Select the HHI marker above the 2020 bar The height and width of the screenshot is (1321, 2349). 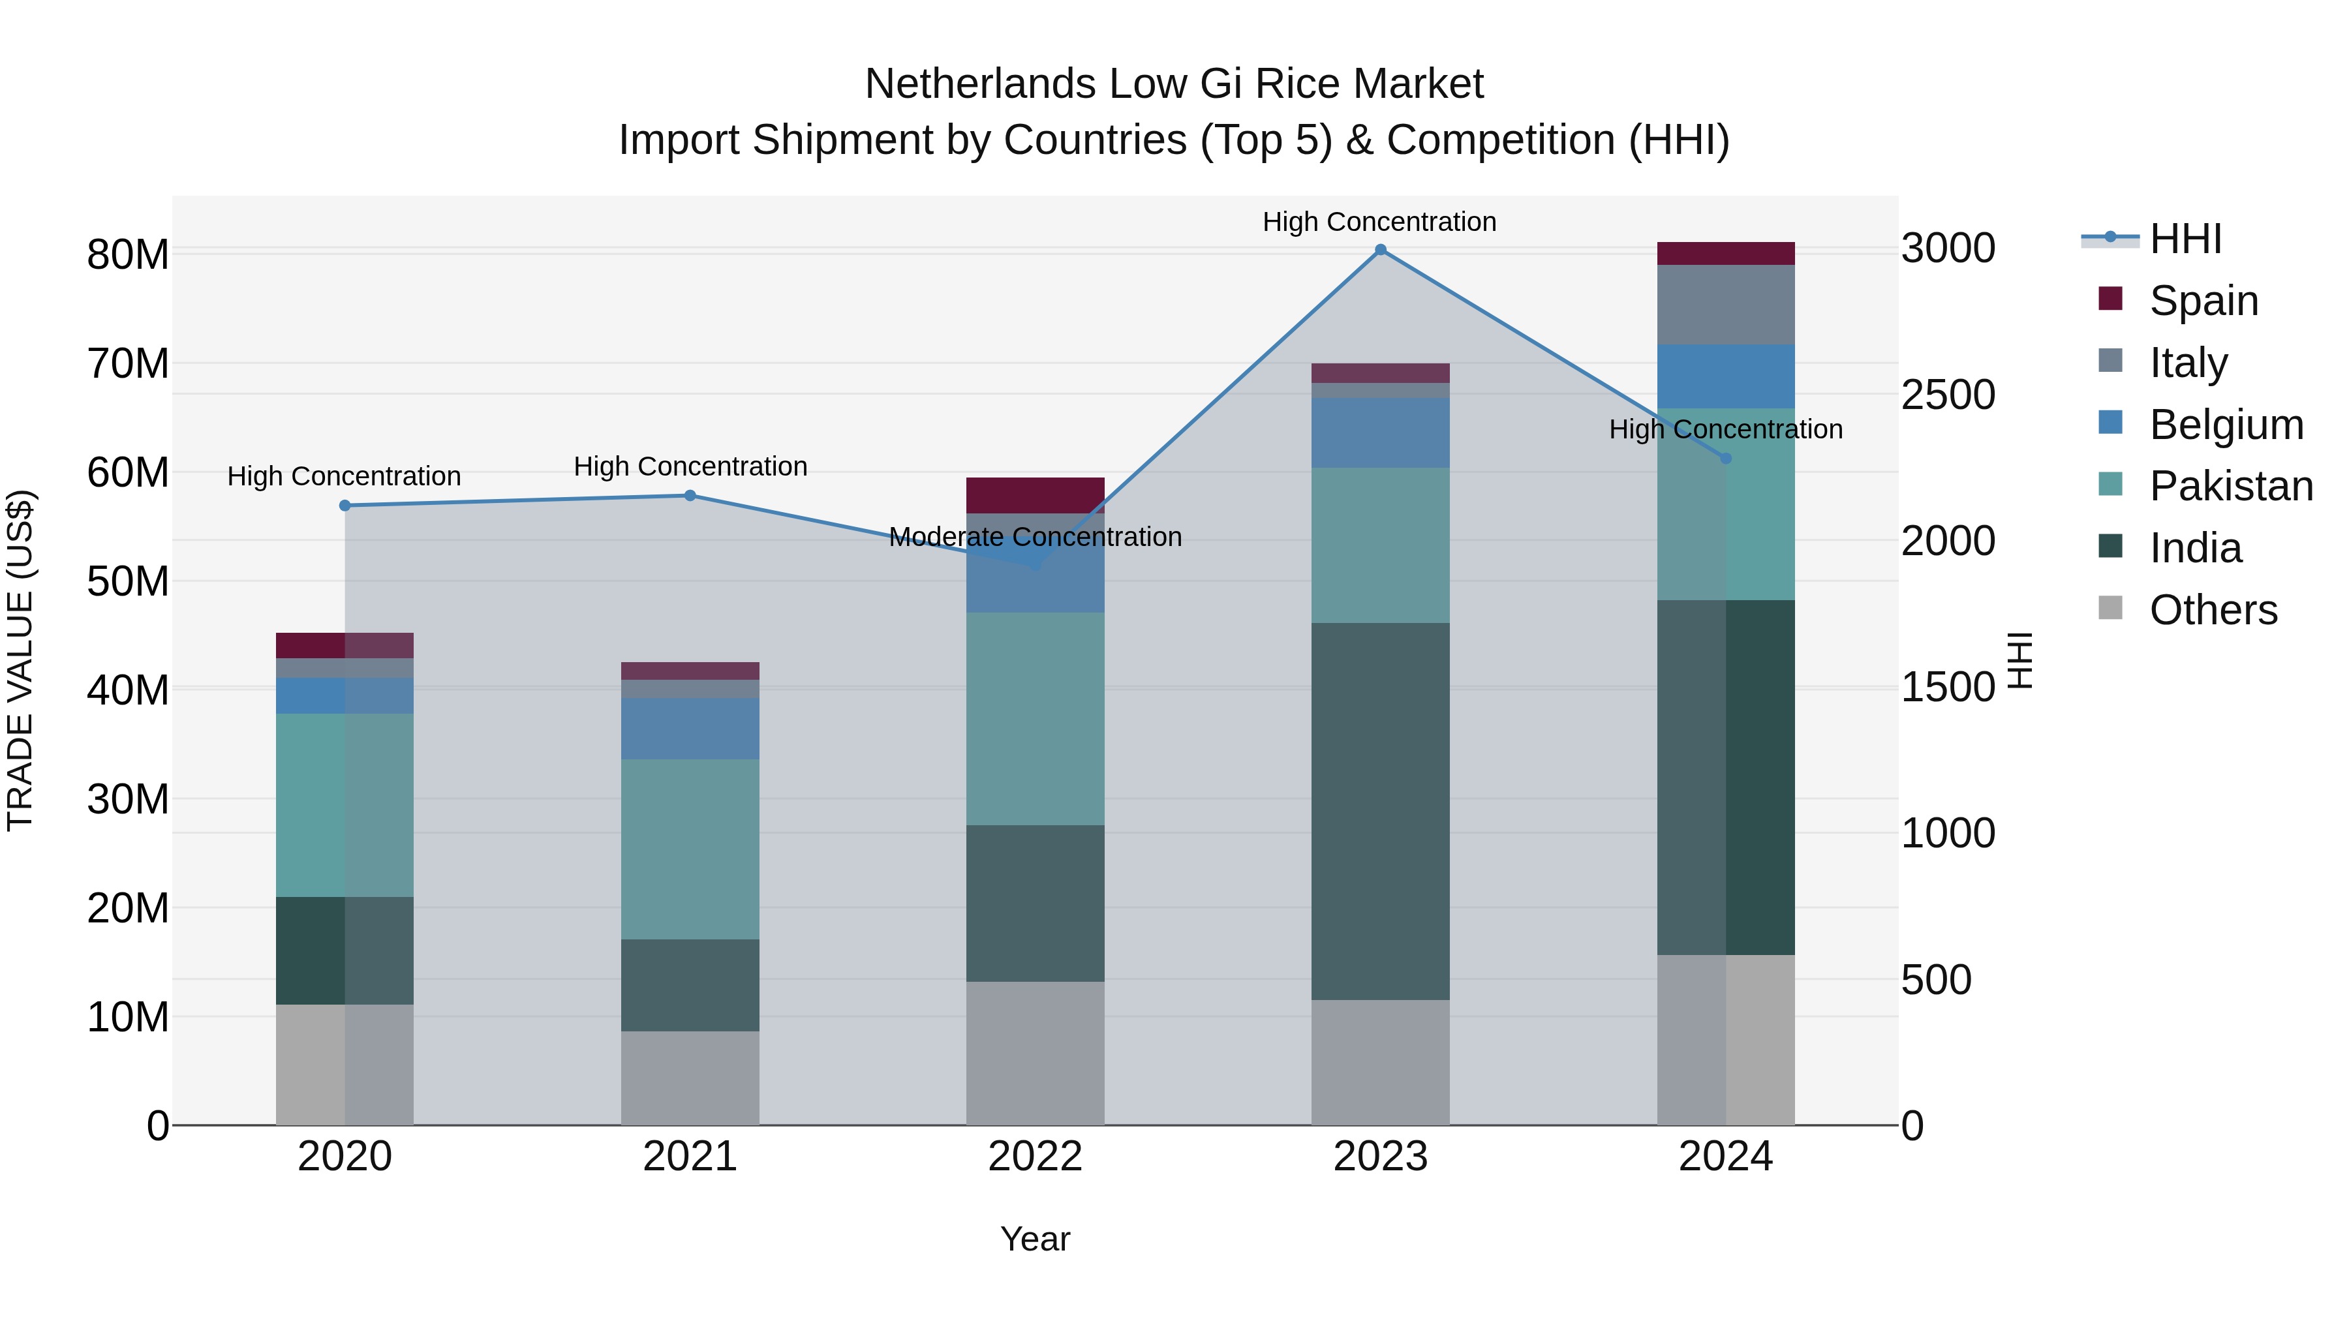click(x=345, y=506)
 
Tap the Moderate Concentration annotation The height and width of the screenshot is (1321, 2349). click(x=1035, y=537)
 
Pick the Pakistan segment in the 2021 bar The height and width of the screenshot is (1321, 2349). click(x=690, y=849)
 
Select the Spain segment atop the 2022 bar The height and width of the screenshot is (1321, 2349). click(x=1035, y=495)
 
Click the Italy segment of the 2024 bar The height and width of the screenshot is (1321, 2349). click(x=1725, y=305)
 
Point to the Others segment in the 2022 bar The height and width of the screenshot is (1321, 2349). click(x=1035, y=1053)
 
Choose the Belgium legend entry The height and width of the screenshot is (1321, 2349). click(x=2225, y=425)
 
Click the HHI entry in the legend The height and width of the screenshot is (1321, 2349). click(x=2185, y=240)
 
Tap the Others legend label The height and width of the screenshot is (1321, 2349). click(x=2213, y=610)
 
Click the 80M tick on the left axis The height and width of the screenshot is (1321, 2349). click(x=128, y=254)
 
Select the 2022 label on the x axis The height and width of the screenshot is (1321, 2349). click(x=1035, y=1157)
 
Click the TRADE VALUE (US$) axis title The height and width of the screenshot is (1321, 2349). click(x=20, y=660)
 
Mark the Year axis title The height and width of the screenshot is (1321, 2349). click(x=1035, y=1239)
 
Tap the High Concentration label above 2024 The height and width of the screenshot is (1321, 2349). click(x=1725, y=429)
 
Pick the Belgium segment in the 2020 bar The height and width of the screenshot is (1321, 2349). click(x=345, y=695)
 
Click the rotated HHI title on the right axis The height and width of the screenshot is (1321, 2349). click(x=2021, y=660)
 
